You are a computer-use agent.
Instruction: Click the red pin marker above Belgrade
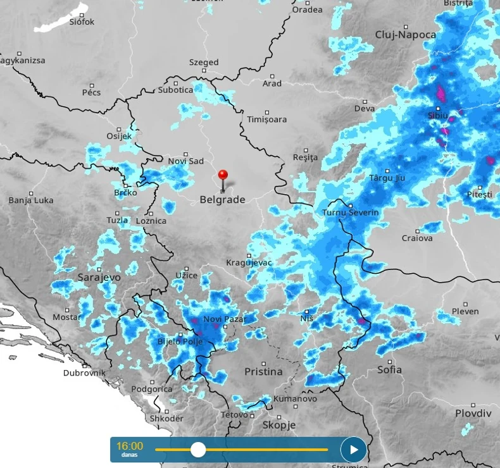click(222, 175)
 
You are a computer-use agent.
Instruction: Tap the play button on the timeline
click(354, 450)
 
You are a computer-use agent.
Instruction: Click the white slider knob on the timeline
click(198, 450)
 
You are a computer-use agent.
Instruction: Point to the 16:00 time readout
click(130, 446)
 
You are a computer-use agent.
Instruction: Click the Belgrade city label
click(222, 200)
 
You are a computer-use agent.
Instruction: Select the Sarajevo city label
click(99, 277)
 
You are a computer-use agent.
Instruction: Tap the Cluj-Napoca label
click(406, 35)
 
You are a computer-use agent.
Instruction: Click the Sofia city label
click(389, 369)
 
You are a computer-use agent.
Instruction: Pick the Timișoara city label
click(266, 120)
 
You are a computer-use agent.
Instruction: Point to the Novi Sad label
click(185, 161)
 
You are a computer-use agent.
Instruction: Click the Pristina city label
click(263, 371)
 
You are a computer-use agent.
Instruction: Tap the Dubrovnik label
click(84, 373)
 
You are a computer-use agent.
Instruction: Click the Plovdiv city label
click(473, 413)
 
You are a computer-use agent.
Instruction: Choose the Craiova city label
click(417, 238)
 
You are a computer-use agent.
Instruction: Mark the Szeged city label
click(204, 63)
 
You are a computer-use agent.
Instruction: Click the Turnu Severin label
click(350, 212)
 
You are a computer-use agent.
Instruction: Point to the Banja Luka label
click(31, 200)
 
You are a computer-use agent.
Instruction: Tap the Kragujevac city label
click(249, 262)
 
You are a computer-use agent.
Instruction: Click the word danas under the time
click(130, 455)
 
